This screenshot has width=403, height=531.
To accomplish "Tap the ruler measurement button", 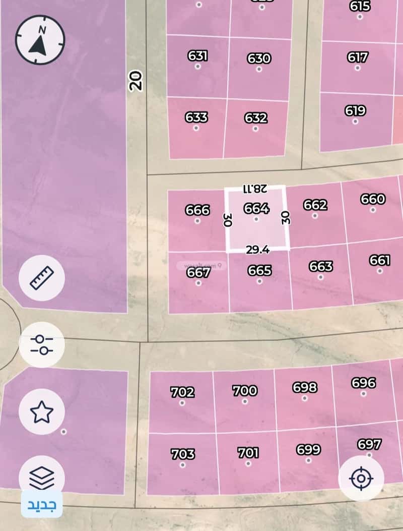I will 41,277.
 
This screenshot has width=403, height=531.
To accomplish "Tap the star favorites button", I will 41,412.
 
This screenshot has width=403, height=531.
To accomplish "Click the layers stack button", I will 41,477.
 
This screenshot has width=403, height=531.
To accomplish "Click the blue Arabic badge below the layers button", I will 42,504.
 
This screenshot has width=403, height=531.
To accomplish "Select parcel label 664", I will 256,208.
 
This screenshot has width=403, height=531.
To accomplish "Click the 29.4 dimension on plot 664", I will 258,250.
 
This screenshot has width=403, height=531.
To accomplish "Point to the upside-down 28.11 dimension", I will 255,189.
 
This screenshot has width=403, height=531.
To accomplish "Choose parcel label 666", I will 197,210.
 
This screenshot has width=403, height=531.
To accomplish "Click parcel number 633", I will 196,117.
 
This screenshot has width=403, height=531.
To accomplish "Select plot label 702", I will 182,392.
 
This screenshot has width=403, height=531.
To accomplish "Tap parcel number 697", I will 369,444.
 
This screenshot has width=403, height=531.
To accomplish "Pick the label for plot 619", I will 355,110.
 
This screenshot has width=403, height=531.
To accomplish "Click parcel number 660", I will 373,199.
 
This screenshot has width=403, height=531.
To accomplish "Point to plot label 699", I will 308,449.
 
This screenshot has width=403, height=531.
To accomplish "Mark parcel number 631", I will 198,55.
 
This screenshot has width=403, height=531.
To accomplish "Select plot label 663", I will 321,266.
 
